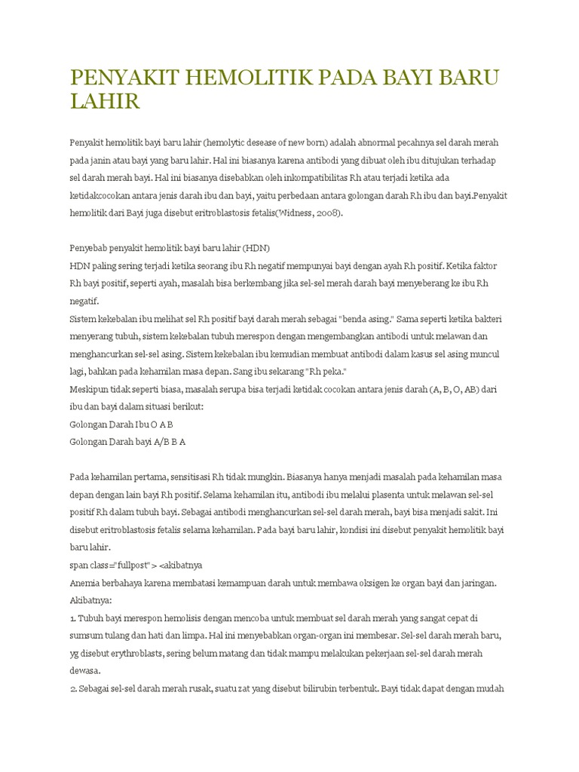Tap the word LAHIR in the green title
pyautogui.click(x=105, y=101)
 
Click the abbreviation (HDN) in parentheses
pyautogui.click(x=256, y=248)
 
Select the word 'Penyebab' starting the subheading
pyautogui.click(x=89, y=248)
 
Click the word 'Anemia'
pyautogui.click(x=85, y=583)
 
